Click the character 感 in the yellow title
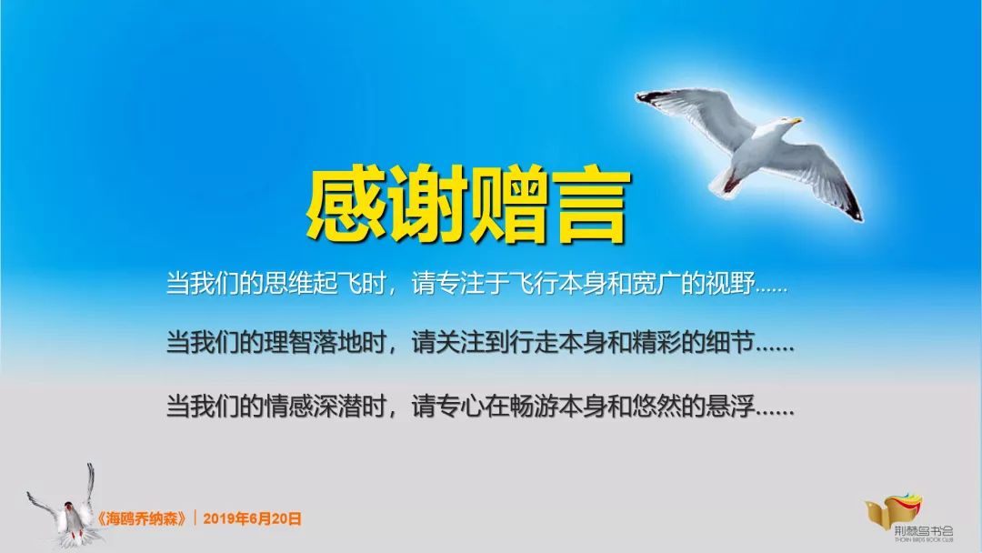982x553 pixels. coord(344,206)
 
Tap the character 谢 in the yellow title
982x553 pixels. coord(425,206)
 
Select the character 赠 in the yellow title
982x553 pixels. coord(506,206)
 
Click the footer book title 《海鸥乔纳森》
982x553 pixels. coord(145,519)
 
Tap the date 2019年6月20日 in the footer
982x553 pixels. coord(252,519)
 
